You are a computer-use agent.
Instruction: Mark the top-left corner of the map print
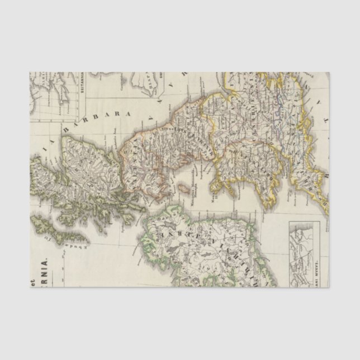(x=30, y=72)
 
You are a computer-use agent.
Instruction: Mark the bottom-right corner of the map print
(x=329, y=287)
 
